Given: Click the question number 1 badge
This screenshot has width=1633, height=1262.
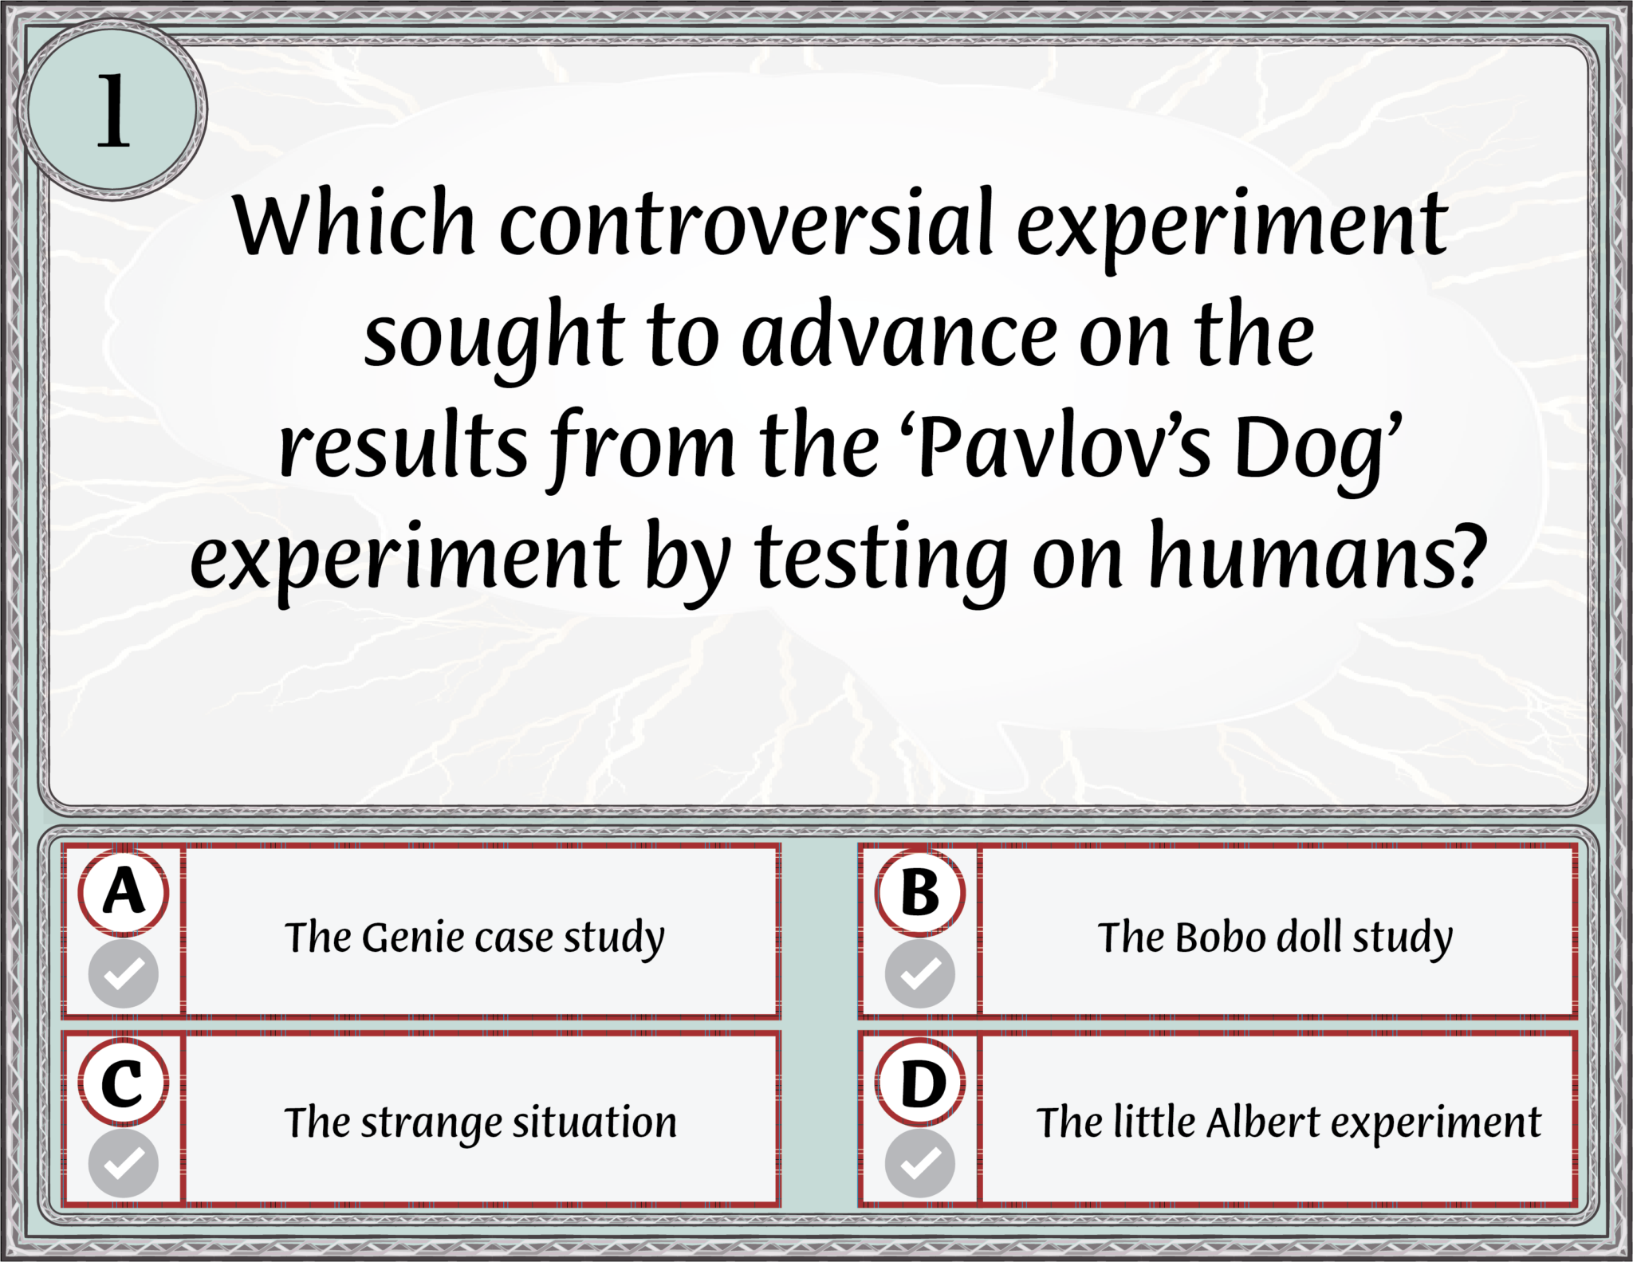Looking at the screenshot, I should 112,110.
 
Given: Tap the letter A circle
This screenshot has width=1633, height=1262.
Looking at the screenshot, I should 124,892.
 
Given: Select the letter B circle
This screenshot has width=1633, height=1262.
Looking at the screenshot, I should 920,892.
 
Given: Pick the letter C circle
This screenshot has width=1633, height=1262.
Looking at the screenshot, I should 124,1083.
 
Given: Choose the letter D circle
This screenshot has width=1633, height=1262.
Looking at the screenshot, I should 920,1083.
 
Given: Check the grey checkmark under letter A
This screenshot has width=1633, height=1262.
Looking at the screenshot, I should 124,973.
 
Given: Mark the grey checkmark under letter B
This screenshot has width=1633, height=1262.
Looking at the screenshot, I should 920,973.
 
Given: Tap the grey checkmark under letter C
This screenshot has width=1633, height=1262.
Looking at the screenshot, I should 124,1163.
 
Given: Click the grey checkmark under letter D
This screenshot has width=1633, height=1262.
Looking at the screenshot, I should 920,1163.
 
